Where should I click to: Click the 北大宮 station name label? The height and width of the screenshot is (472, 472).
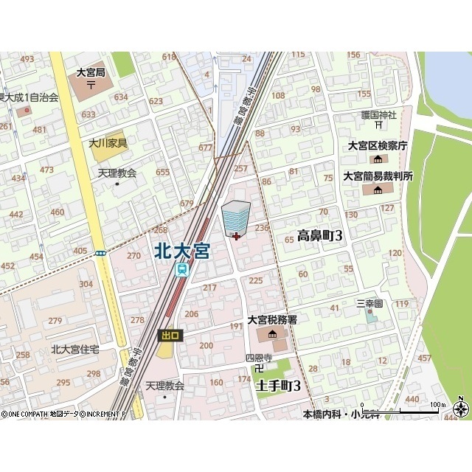pos(181,251)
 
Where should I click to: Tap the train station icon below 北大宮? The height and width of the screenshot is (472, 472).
pos(181,270)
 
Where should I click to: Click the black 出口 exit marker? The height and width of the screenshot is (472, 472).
pos(169,336)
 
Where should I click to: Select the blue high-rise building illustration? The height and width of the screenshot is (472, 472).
pos(236,216)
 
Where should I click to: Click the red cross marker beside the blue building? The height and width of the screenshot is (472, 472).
pos(235,237)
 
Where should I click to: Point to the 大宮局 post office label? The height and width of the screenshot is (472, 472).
pos(91,73)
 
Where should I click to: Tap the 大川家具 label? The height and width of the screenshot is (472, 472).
pos(108,143)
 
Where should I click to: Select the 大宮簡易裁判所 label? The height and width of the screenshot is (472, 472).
pos(378,176)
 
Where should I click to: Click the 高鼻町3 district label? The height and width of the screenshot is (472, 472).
pos(320,236)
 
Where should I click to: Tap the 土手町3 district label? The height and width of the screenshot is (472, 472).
pos(279,386)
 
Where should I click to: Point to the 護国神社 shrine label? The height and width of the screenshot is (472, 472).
pos(379,115)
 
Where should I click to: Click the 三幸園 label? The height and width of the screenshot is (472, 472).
pos(369,303)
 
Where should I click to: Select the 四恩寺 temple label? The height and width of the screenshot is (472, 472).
pos(259,358)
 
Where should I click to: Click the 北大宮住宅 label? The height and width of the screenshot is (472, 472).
pos(75,350)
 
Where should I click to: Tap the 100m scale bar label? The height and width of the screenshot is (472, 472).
pos(438,405)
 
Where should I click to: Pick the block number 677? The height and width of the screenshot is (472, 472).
pos(205,147)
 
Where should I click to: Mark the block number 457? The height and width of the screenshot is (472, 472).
pos(424,358)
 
